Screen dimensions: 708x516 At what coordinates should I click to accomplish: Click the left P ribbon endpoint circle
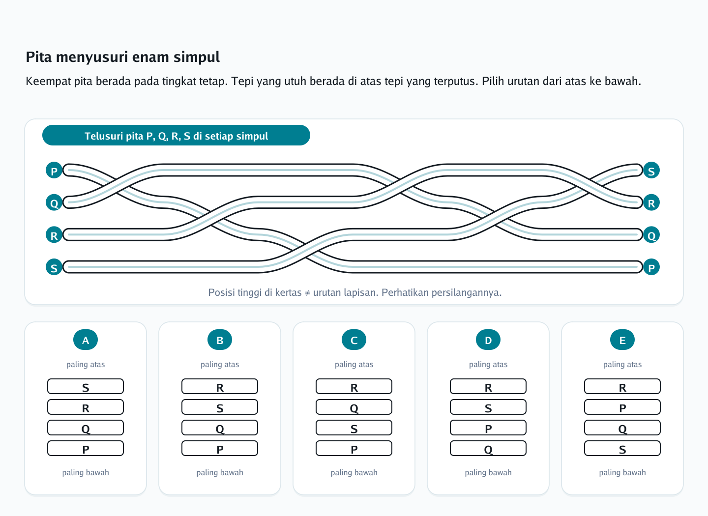(54, 170)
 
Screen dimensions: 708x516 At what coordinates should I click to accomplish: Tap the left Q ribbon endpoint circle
(54, 202)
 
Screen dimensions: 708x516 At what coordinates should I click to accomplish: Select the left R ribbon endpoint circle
(54, 234)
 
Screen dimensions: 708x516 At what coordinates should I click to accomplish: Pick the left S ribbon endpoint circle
(54, 267)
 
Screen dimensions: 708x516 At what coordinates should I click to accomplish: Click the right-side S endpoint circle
(651, 170)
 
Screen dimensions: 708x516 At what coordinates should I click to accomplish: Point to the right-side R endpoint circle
(651, 202)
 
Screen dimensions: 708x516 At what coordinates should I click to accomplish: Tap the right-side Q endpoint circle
(651, 234)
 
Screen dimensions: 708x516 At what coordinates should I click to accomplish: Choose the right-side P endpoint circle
(651, 267)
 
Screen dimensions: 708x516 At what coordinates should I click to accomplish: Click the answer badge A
(86, 340)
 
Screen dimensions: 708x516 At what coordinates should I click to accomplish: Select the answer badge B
(220, 340)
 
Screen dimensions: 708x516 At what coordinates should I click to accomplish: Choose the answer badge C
(354, 340)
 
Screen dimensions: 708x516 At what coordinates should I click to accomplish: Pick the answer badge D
(488, 340)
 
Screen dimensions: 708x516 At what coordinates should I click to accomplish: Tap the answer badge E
(622, 340)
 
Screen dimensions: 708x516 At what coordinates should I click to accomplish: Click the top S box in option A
(86, 386)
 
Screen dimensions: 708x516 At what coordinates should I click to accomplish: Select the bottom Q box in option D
(488, 448)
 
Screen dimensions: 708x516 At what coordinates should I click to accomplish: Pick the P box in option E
(622, 407)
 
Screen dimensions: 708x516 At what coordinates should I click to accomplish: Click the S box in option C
(354, 428)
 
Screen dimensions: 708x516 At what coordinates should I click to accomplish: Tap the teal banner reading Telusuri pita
(176, 135)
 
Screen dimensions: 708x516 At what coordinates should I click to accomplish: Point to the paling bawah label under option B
(220, 472)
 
